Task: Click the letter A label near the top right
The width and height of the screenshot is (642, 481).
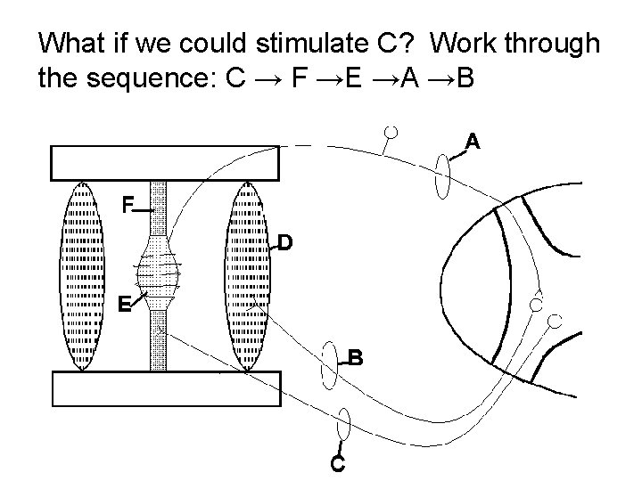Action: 473,141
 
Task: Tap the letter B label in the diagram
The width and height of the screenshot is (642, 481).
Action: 355,358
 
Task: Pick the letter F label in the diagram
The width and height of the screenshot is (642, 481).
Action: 128,207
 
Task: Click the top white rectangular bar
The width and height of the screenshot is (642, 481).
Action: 166,163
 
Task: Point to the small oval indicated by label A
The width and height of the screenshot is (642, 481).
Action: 443,175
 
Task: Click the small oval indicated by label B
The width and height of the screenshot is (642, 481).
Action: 329,364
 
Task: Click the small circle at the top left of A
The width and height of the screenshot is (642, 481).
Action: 391,133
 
